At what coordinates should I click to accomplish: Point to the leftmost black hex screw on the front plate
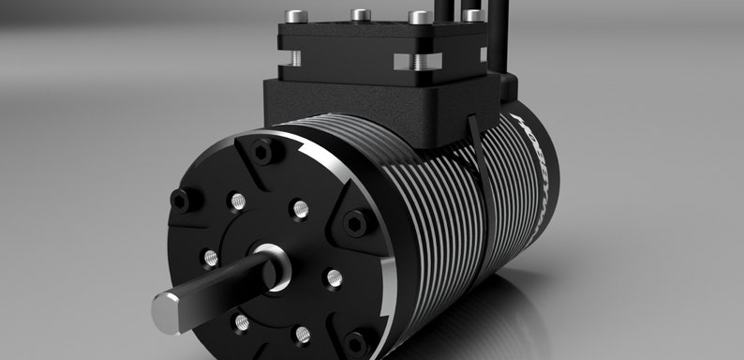[180, 199]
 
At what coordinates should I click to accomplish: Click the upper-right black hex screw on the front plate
[354, 223]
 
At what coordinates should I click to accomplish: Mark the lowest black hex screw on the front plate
[357, 341]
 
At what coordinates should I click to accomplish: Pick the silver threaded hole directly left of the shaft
[211, 257]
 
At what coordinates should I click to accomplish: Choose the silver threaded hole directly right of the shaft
[332, 278]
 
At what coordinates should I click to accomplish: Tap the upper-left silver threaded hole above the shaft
[238, 201]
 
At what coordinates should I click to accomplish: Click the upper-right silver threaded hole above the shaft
[300, 207]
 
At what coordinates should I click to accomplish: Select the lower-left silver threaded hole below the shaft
[242, 322]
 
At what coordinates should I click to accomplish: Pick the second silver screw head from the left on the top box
[359, 15]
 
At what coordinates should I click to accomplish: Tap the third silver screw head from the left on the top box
[419, 17]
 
